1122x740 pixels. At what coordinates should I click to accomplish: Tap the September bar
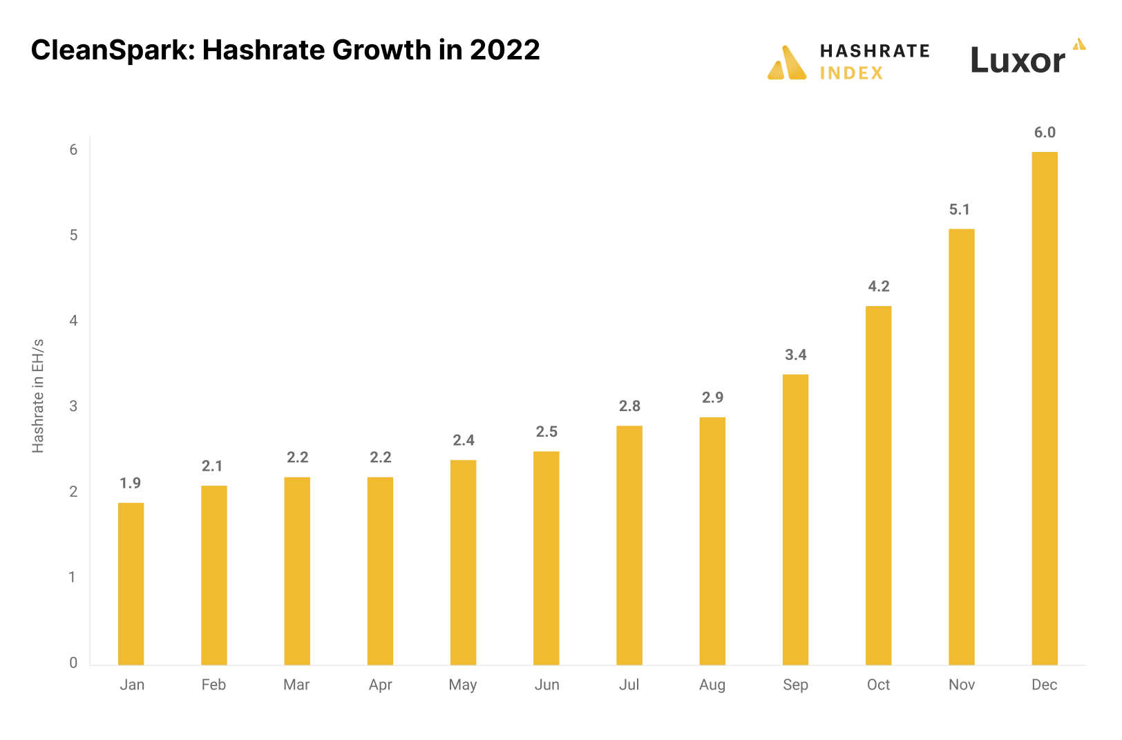click(795, 519)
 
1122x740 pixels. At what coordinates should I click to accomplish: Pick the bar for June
click(546, 558)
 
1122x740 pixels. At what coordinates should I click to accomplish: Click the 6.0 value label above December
click(1045, 133)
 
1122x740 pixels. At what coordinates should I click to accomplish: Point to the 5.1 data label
click(959, 209)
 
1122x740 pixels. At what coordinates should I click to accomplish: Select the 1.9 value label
click(130, 483)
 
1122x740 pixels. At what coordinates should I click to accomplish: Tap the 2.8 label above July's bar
click(629, 406)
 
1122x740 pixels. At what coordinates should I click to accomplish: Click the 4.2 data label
click(878, 286)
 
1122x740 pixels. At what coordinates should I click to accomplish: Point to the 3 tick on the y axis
click(73, 406)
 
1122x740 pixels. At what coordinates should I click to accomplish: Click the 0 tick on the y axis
click(73, 663)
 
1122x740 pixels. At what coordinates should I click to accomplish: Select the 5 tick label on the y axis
click(73, 235)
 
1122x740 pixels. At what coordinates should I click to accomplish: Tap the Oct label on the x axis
click(878, 685)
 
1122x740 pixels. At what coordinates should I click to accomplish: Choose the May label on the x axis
click(463, 685)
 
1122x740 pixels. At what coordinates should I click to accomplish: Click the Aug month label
click(712, 685)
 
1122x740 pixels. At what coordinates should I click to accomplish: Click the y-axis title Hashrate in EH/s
click(38, 396)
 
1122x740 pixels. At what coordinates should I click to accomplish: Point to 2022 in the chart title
click(504, 50)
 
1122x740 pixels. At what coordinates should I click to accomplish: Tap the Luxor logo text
click(1018, 61)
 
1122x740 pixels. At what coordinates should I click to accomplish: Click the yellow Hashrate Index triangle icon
click(787, 64)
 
